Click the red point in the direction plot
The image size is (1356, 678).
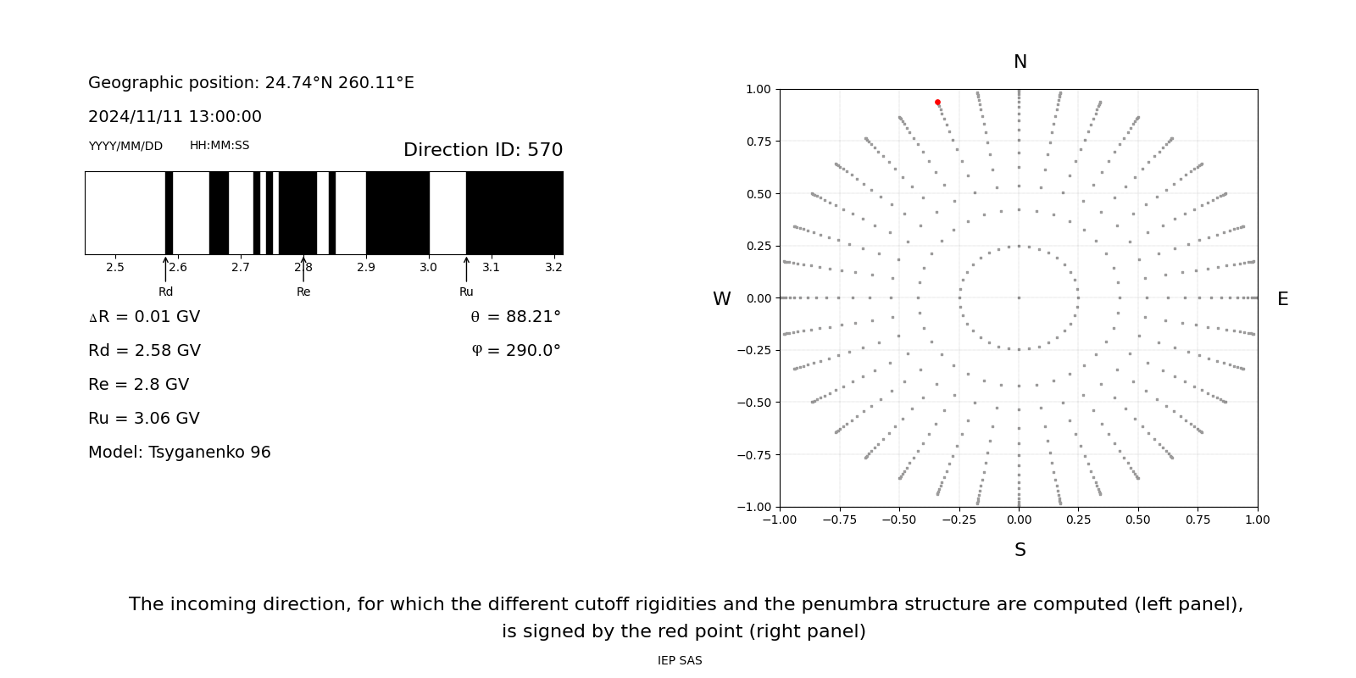937,103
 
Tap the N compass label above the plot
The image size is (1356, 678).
1020,62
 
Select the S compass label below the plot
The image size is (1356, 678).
1020,550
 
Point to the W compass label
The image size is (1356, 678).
721,299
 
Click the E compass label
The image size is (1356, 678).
1282,299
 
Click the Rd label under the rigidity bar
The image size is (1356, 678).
165,292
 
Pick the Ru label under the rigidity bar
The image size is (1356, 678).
466,292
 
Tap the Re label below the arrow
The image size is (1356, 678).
303,292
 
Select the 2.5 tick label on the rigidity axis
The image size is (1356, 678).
115,267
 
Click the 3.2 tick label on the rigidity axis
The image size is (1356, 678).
553,267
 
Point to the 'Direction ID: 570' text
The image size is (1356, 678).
483,150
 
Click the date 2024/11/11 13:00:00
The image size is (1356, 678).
175,117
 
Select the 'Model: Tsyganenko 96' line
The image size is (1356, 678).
180,453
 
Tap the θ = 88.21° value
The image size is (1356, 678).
515,317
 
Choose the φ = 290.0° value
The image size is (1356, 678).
515,351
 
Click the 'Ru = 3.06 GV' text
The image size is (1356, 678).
144,419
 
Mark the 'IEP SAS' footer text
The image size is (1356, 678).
680,660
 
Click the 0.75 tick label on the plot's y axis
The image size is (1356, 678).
758,142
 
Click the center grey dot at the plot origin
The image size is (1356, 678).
1019,297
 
